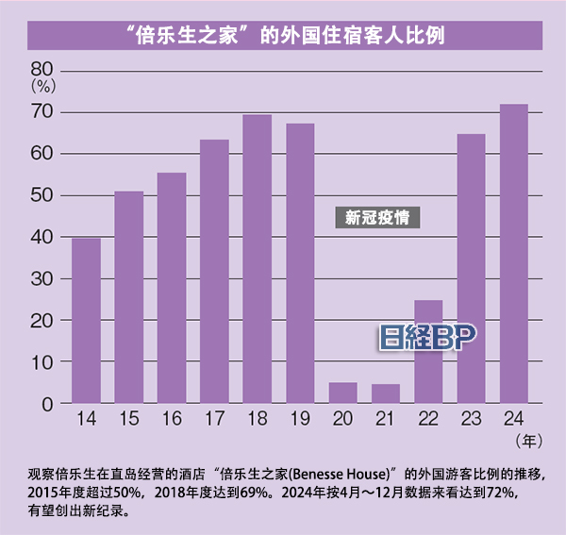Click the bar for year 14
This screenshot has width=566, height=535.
tap(86, 321)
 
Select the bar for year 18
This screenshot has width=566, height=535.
tap(257, 259)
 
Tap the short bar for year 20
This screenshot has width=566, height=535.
tap(342, 393)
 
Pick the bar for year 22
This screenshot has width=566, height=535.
tap(428, 352)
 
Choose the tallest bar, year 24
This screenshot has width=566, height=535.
tap(513, 254)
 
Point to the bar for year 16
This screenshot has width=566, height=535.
tap(171, 288)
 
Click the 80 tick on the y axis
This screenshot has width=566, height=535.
tap(43, 69)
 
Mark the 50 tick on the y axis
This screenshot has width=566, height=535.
tap(43, 195)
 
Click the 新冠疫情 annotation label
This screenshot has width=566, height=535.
tap(375, 218)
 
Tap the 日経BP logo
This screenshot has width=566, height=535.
tap(429, 338)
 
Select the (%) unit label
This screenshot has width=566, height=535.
tap(43, 85)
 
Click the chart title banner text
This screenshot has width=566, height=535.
tap(283, 35)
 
